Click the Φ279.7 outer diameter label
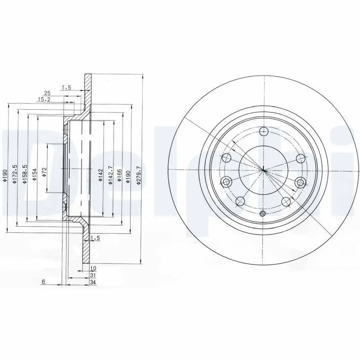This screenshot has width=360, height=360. [x=139, y=173]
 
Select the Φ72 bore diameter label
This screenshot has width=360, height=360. [x=45, y=172]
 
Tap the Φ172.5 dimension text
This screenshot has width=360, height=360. [x=15, y=173]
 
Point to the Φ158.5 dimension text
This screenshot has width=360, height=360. [x=25, y=173]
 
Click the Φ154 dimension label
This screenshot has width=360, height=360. [x=34, y=173]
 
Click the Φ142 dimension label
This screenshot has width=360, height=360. [x=101, y=174]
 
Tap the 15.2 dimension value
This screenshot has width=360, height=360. [x=44, y=99]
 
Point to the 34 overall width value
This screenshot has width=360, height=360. [x=93, y=282]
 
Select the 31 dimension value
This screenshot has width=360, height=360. [x=93, y=275]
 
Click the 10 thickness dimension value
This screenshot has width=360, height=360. [x=93, y=269]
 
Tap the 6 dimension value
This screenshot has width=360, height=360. [x=44, y=282]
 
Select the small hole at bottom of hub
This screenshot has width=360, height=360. [x=263, y=213]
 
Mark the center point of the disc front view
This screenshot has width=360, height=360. [x=263, y=170]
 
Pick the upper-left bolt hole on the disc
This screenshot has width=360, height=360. [x=227, y=158]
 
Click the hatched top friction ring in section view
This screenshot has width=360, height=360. [x=87, y=90]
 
